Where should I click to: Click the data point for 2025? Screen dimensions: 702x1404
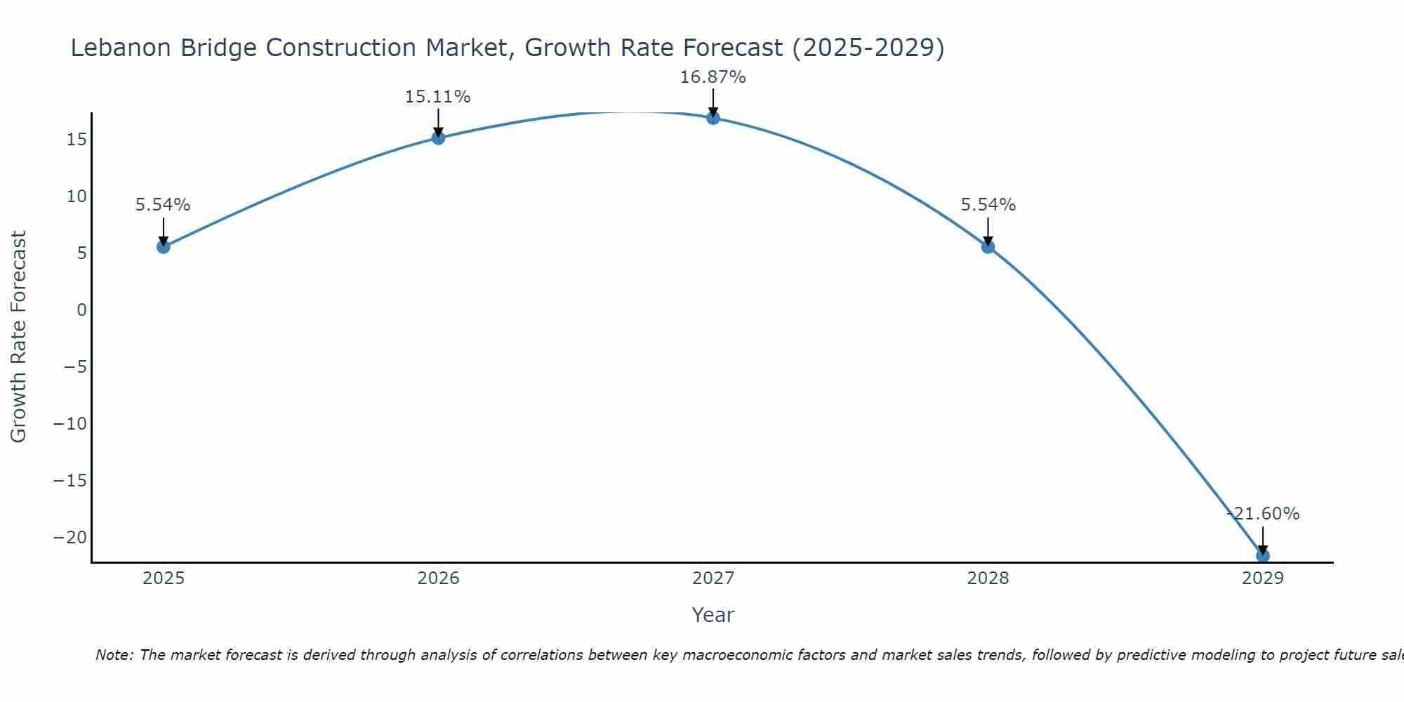(x=164, y=246)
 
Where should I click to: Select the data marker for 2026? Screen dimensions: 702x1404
(x=438, y=138)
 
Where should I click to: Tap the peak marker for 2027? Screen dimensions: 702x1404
(x=713, y=118)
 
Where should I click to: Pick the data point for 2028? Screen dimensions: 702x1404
(x=988, y=246)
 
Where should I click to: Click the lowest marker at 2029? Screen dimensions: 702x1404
(x=1263, y=556)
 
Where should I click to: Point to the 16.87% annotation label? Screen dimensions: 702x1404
(x=713, y=77)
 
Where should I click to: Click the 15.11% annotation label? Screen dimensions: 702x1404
(x=437, y=97)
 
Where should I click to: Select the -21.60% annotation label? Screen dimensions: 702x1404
(x=1263, y=514)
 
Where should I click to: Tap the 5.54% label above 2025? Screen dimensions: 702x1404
(x=163, y=205)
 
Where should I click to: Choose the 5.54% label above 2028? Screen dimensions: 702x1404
(x=988, y=205)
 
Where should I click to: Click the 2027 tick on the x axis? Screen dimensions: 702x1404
(x=713, y=578)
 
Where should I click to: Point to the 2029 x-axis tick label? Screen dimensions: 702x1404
(x=1263, y=578)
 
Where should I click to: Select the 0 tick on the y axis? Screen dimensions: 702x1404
(x=82, y=310)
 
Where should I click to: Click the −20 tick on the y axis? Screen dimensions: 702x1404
(x=70, y=538)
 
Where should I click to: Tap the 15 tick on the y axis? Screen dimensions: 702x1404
(x=77, y=139)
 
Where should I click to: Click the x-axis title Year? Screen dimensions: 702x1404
(x=713, y=615)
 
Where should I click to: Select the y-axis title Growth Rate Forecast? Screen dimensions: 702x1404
(x=19, y=336)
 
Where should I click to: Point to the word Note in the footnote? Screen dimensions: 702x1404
(x=113, y=655)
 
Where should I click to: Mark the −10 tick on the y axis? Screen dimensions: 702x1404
(x=70, y=424)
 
